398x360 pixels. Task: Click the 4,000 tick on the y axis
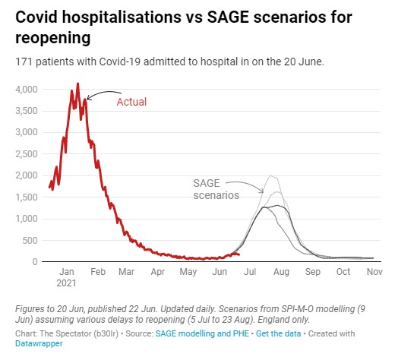(27, 90)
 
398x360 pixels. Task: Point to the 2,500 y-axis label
(27, 154)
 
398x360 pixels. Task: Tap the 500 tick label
(30, 241)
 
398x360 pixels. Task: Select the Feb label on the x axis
(98, 272)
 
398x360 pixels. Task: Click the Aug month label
(281, 272)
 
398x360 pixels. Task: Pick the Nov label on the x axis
(374, 272)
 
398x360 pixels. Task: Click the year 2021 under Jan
(66, 283)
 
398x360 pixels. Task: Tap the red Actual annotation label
(131, 102)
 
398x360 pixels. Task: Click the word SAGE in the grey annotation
(207, 183)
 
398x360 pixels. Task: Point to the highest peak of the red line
(77, 84)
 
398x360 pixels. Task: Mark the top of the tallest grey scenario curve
(271, 175)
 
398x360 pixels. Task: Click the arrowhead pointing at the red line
(88, 98)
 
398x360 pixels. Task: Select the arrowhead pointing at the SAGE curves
(262, 191)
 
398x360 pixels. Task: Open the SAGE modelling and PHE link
(202, 333)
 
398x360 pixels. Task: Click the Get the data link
(278, 333)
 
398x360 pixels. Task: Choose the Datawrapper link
(39, 343)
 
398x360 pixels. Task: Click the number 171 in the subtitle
(24, 62)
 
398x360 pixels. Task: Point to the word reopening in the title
(53, 38)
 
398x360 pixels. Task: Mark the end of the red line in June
(239, 254)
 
